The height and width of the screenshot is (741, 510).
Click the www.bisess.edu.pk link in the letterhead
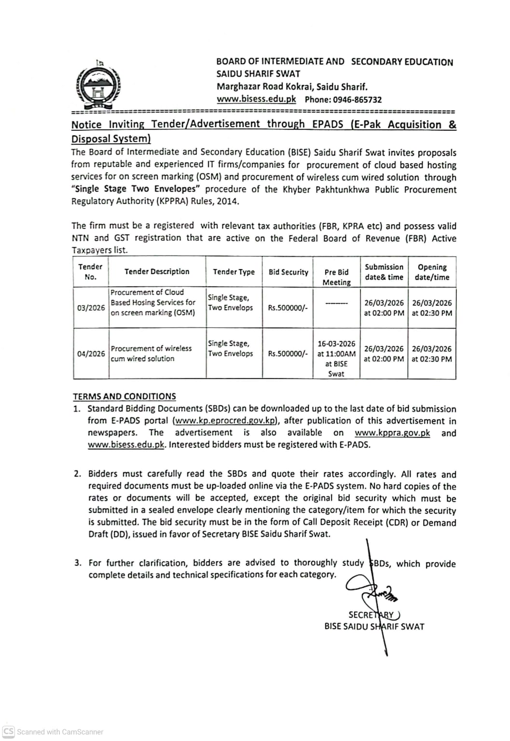coord(256,99)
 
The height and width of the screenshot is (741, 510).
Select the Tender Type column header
coord(234,272)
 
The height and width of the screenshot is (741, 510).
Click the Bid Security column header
coord(288,272)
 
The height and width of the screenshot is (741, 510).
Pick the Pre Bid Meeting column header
coord(336,277)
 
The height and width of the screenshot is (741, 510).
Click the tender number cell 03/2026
coord(91,308)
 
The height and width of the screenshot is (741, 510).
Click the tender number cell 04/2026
coord(91,354)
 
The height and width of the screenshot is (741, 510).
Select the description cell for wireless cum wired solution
coord(151,354)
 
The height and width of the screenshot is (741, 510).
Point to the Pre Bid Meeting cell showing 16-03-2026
coord(336,358)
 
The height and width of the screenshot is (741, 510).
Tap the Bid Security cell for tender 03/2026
coord(288,308)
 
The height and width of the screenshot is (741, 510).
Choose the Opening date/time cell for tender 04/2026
coord(432,354)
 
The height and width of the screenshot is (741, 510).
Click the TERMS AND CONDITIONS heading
coord(124,397)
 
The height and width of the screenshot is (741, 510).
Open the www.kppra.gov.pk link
coord(392,433)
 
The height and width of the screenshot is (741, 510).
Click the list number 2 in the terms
coord(77,474)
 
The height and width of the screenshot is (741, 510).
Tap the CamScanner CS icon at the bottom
coord(9,731)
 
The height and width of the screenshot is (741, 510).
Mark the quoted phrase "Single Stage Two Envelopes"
coord(136,189)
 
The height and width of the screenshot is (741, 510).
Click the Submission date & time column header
coord(384,272)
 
